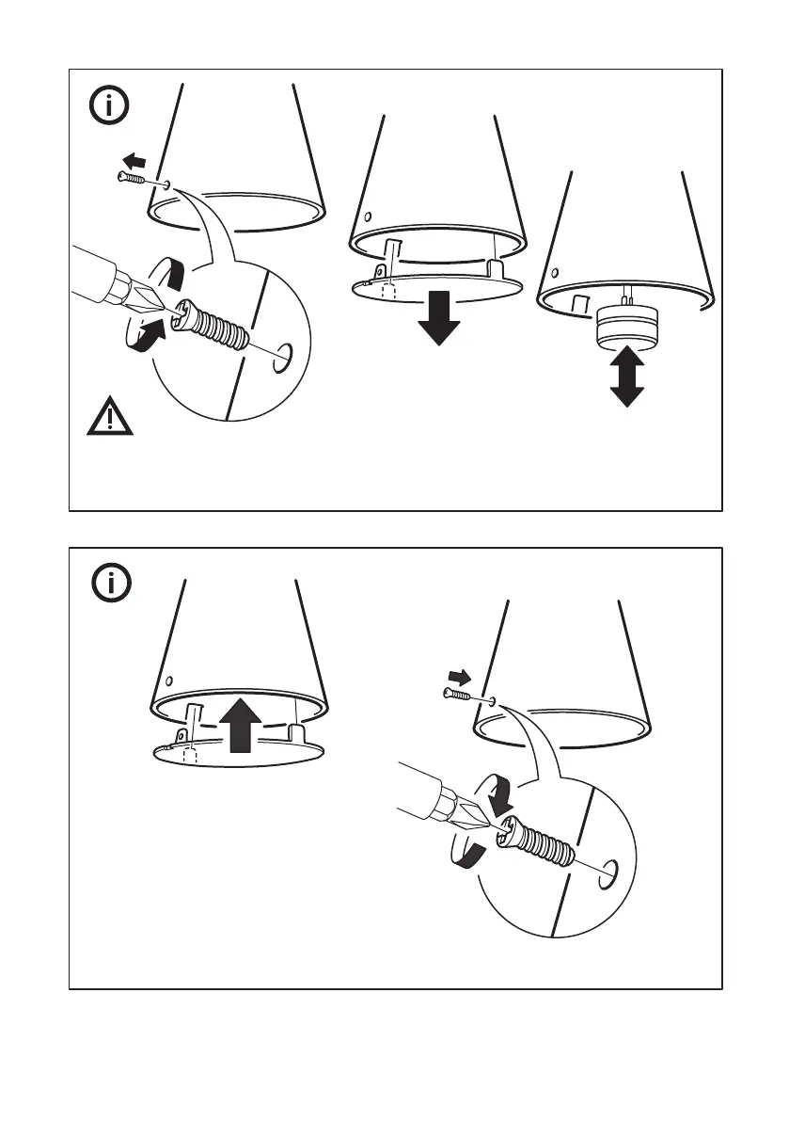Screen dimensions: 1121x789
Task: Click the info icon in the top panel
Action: tap(110, 106)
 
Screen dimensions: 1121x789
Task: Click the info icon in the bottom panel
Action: tap(110, 584)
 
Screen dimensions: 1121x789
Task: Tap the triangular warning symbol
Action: tap(110, 416)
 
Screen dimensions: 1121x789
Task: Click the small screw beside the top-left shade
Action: tap(133, 177)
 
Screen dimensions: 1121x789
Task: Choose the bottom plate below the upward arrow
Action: tap(238, 751)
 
